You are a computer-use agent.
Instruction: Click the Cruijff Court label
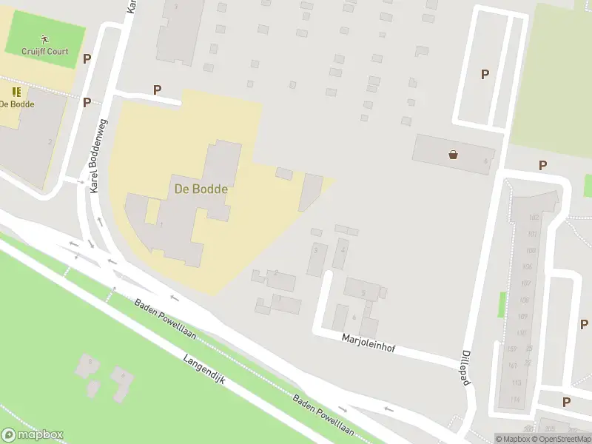tap(44, 53)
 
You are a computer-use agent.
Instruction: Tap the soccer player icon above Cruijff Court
tap(44, 38)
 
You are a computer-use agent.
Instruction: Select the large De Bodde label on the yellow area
tap(201, 189)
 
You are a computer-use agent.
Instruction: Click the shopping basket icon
tap(453, 155)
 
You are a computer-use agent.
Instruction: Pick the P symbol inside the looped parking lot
tap(485, 74)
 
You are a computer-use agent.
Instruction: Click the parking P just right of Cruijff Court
tap(87, 58)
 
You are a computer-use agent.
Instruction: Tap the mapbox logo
tap(33, 435)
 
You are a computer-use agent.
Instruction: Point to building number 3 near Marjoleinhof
tap(316, 251)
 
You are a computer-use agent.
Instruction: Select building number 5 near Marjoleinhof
tap(363, 293)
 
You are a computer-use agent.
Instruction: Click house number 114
tap(516, 400)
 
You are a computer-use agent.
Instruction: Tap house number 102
tap(533, 218)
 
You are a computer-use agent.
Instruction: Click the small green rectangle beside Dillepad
tap(501, 304)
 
